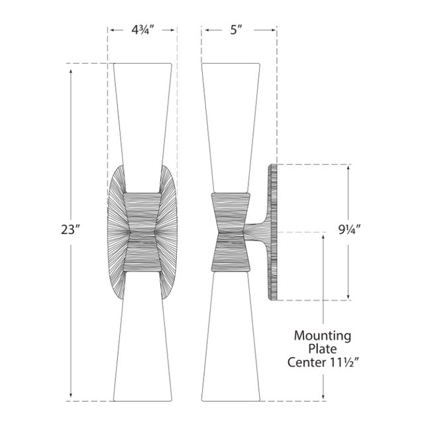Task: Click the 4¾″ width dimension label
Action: point(142,30)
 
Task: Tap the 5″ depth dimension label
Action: point(236,30)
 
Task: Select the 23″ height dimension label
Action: point(71,230)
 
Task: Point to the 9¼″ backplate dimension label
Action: point(350,230)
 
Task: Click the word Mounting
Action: point(323,336)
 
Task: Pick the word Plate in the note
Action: point(323,349)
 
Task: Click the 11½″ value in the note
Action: point(343,362)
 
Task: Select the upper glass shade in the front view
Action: point(142,127)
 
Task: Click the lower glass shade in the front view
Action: point(142,337)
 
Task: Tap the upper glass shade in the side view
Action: point(231,127)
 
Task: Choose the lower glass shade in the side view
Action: point(231,337)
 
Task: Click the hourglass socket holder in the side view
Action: point(231,232)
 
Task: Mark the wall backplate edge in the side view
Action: point(272,232)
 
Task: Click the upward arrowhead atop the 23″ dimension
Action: point(71,72)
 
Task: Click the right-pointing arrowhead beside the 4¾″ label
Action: point(172,30)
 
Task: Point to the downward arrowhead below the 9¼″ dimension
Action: point(348,295)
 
